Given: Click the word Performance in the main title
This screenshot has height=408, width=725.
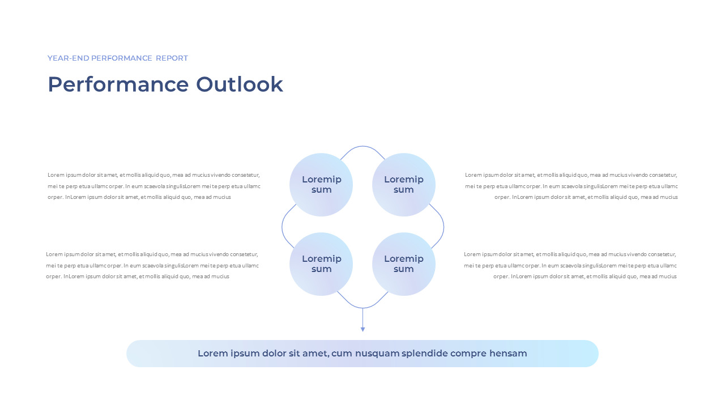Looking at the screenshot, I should [118, 84].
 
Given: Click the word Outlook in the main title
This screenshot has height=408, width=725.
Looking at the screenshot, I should [240, 84].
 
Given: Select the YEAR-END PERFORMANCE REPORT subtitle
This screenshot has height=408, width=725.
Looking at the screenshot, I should [118, 58].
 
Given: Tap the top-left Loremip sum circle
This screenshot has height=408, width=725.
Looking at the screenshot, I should [321, 185].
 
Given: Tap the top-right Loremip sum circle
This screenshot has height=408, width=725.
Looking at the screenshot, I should [404, 185].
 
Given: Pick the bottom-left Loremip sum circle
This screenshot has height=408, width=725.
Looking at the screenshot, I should [321, 264].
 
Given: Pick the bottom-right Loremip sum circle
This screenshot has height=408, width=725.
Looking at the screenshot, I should [404, 264].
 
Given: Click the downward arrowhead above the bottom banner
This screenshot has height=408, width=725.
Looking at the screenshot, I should [362, 329].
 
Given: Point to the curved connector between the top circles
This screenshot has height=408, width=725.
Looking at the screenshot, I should [362, 147].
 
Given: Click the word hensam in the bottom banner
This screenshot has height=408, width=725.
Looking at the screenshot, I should [509, 354].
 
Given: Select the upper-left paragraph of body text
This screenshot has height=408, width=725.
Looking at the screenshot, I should [153, 186].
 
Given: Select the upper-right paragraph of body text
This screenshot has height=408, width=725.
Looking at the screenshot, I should [571, 186].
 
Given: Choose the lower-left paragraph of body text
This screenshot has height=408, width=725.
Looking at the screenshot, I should [152, 265].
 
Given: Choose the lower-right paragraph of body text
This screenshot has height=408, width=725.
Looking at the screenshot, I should [570, 265].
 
